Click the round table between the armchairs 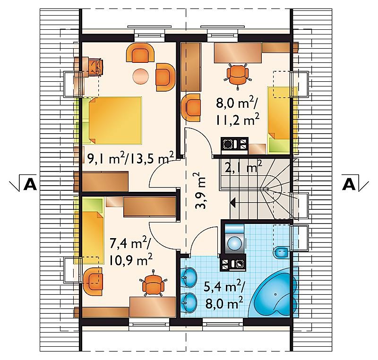coord(141,77)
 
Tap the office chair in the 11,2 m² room coord(237,75)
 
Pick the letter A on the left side coord(30,185)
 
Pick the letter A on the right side coord(348,185)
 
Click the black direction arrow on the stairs coord(232,202)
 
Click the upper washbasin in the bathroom coord(190,278)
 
